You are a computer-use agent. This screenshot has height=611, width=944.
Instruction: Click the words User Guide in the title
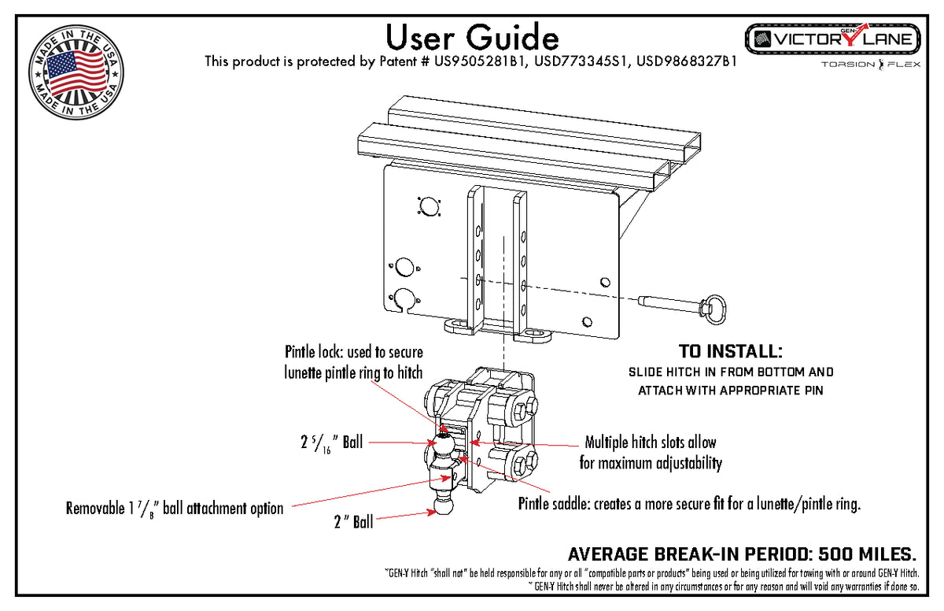tap(472, 36)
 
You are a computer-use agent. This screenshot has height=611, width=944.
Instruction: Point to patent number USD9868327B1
tap(686, 61)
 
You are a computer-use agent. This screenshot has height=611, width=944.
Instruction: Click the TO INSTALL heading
tap(731, 351)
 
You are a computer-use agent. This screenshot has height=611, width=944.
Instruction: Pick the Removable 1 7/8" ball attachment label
tap(175, 508)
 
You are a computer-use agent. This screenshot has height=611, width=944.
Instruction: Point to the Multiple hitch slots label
tap(651, 452)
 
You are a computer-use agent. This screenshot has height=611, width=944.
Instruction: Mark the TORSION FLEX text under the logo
tap(866, 65)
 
